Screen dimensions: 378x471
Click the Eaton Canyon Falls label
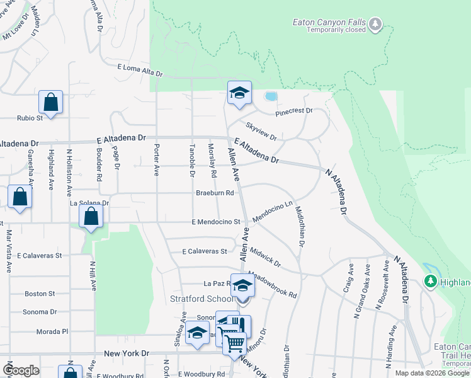click(329, 22)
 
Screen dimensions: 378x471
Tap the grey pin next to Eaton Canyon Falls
click(375, 25)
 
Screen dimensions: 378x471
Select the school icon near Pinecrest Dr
click(239, 94)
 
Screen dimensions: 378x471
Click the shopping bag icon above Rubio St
click(50, 102)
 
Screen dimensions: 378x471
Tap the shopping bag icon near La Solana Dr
click(92, 217)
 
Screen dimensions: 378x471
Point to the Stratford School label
click(201, 298)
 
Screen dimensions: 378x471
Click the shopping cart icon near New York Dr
click(234, 343)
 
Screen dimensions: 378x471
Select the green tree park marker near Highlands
click(431, 281)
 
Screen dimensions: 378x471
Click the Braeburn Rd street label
click(215, 193)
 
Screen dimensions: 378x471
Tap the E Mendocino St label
click(216, 222)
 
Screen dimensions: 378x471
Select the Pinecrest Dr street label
click(293, 112)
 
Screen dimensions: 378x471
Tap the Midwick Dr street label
click(264, 256)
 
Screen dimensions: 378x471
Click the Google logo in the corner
click(21, 370)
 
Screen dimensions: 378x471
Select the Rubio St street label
click(29, 118)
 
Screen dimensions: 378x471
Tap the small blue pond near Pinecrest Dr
click(271, 97)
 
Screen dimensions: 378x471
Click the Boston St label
click(40, 294)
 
